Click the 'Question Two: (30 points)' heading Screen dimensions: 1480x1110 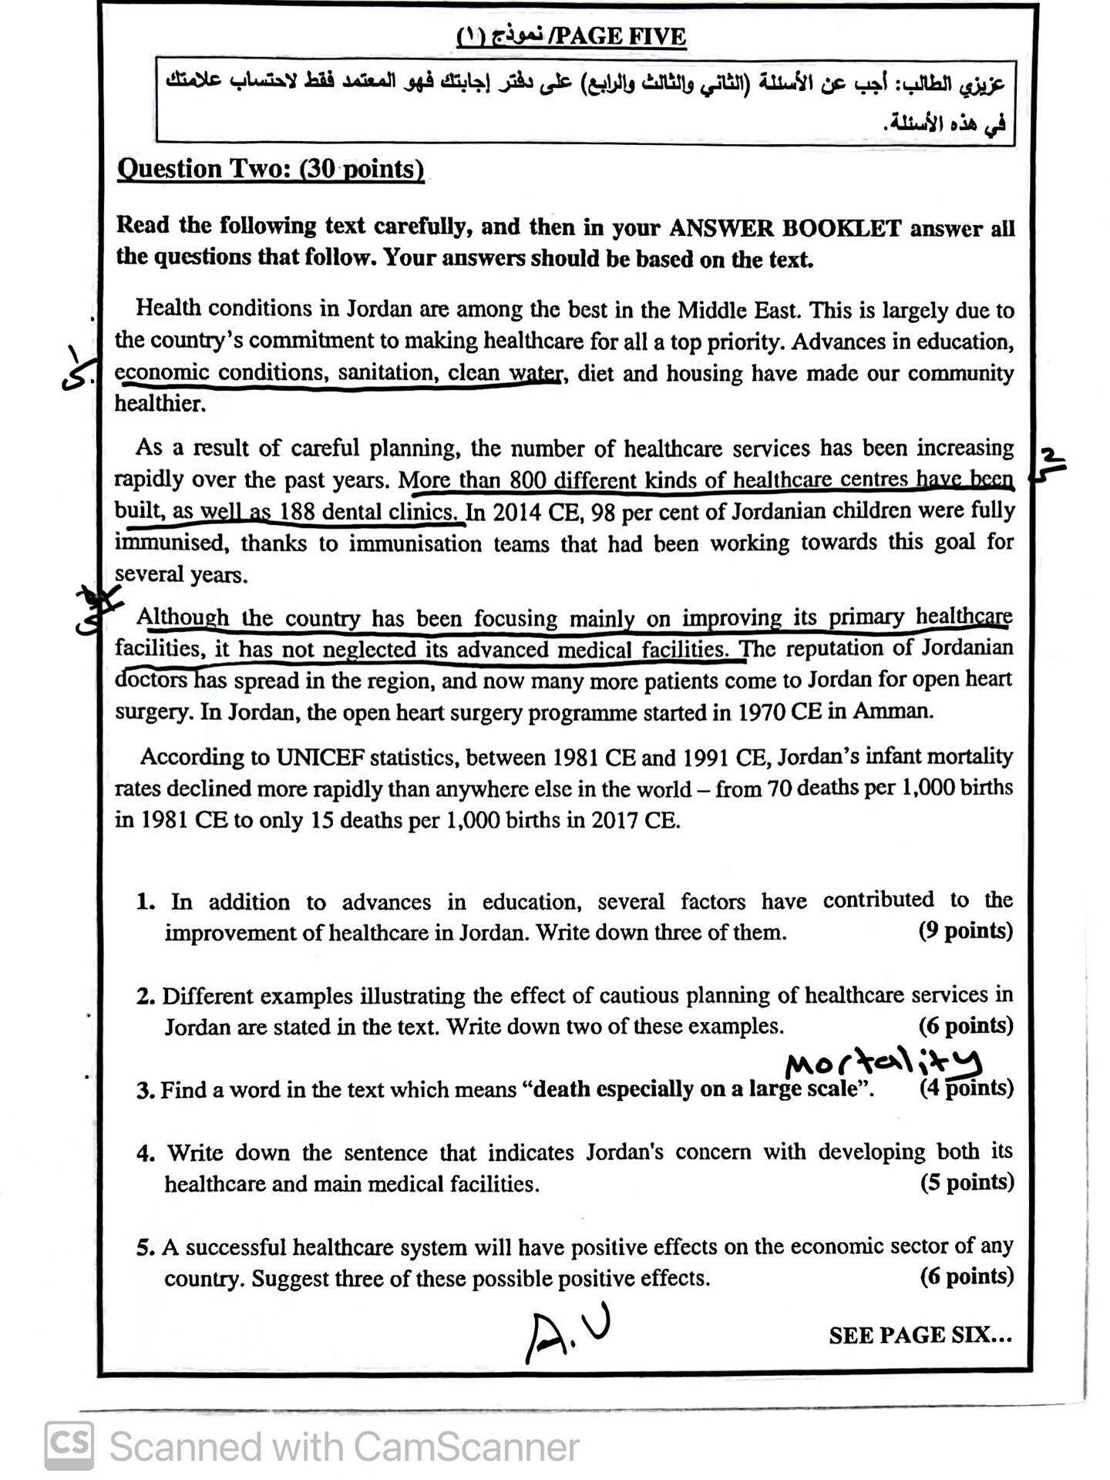(x=270, y=168)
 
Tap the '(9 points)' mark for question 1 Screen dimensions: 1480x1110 (x=965, y=931)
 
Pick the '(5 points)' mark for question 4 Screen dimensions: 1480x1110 (x=967, y=1182)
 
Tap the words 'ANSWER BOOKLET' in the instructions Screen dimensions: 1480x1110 (x=785, y=227)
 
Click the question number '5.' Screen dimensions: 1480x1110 (x=146, y=1247)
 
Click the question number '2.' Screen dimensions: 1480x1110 (x=146, y=996)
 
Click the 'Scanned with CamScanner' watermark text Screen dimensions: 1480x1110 (x=344, y=1447)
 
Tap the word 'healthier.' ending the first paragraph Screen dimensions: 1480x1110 (x=160, y=403)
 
